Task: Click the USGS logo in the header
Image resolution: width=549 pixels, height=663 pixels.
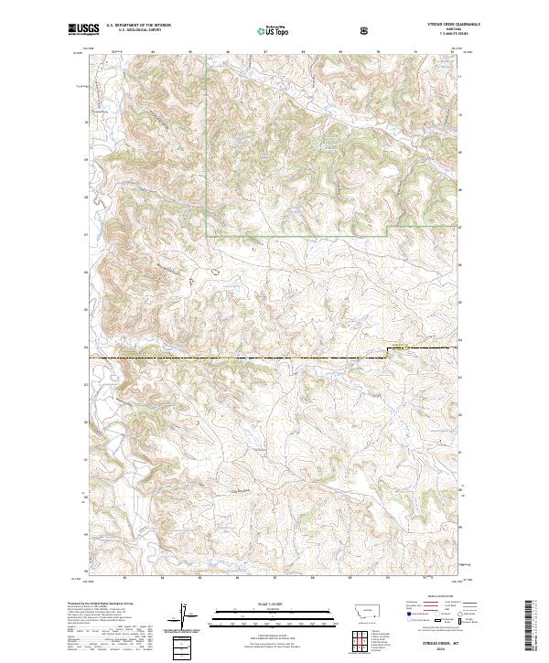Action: pyautogui.click(x=83, y=31)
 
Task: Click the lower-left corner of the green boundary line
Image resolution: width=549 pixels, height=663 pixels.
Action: pyautogui.click(x=207, y=236)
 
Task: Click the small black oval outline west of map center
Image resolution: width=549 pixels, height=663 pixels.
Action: pyautogui.click(x=215, y=270)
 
